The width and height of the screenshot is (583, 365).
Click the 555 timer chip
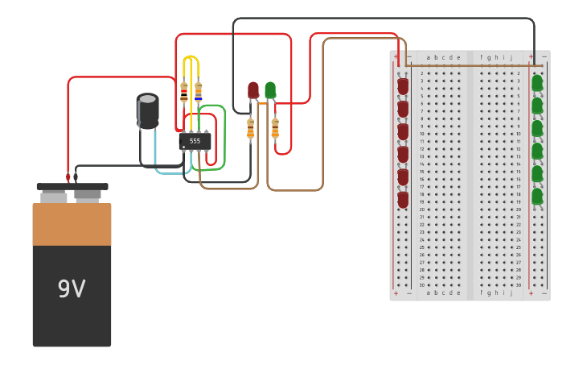195,141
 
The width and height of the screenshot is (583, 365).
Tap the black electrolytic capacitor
147,110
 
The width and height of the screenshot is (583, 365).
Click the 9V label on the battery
72,288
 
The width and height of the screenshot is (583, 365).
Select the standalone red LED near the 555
253,89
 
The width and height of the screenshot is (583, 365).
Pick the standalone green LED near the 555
270,89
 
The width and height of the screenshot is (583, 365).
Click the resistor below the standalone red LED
251,128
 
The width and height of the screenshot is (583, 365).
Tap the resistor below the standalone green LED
275,128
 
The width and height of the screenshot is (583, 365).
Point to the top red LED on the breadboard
403,85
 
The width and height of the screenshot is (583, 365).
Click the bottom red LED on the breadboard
403,199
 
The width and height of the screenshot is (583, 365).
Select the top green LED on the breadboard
537,82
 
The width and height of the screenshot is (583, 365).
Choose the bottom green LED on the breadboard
537,196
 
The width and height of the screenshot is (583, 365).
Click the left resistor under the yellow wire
184,92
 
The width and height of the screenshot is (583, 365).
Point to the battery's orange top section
72,224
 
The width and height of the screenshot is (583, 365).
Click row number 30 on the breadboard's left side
421,284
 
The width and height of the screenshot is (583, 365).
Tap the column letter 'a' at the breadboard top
429,57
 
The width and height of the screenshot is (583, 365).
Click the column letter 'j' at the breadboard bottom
511,292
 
